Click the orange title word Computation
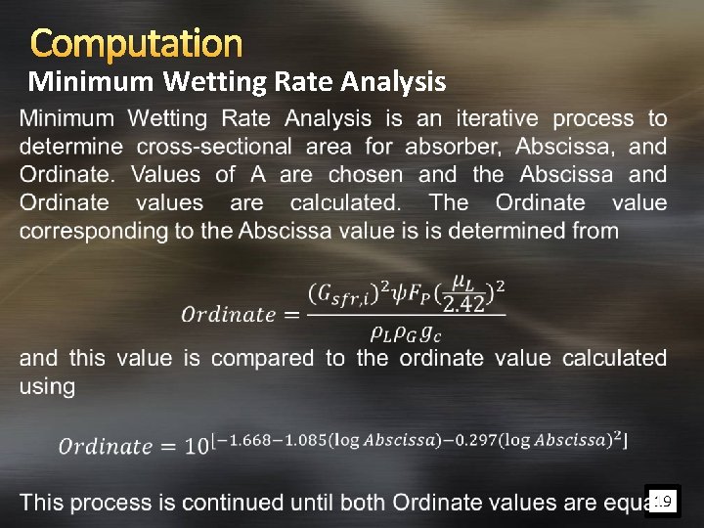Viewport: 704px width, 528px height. click(136, 43)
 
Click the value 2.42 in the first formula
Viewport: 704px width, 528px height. click(463, 304)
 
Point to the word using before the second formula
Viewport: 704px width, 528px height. click(47, 387)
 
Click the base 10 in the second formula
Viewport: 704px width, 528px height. click(197, 446)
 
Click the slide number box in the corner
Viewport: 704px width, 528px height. click(662, 503)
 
